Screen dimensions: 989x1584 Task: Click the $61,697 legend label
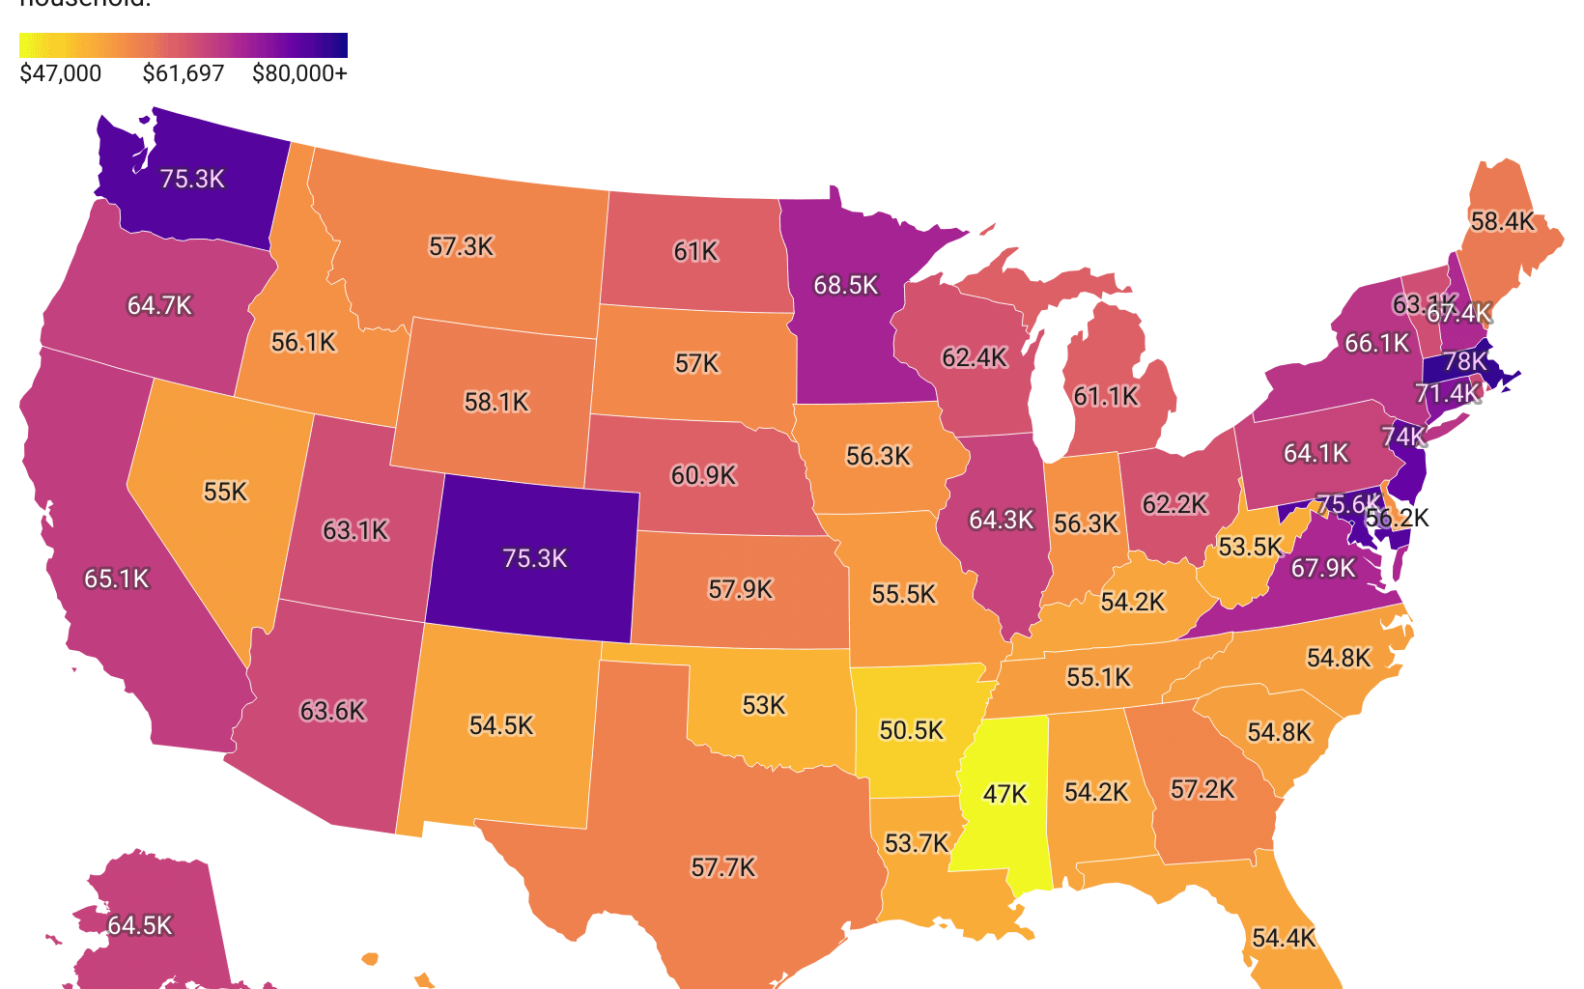tap(184, 73)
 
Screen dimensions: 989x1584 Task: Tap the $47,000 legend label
tap(60, 73)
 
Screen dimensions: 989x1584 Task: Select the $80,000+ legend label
tap(299, 73)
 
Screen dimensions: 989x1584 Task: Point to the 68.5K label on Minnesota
tap(846, 285)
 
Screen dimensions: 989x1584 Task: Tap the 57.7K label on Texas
tap(723, 867)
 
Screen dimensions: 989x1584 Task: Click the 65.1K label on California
tap(117, 579)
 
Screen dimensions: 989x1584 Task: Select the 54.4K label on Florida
tap(1284, 938)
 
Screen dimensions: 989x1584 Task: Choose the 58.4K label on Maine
tap(1502, 221)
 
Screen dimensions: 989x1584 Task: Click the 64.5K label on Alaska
tap(140, 925)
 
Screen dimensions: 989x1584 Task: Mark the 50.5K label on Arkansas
tap(912, 729)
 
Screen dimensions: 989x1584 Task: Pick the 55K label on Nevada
tap(225, 492)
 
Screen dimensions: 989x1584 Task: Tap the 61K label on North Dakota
tap(695, 251)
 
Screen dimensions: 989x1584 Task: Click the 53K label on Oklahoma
tap(764, 705)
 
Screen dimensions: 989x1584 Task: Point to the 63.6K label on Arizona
tap(332, 711)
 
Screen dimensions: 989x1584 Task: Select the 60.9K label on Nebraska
tap(703, 474)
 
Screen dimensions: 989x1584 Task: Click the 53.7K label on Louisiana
tap(917, 843)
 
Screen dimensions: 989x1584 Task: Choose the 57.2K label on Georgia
tap(1202, 789)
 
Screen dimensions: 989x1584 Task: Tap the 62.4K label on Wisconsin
tap(975, 357)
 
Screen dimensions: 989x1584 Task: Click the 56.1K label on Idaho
tap(303, 342)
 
